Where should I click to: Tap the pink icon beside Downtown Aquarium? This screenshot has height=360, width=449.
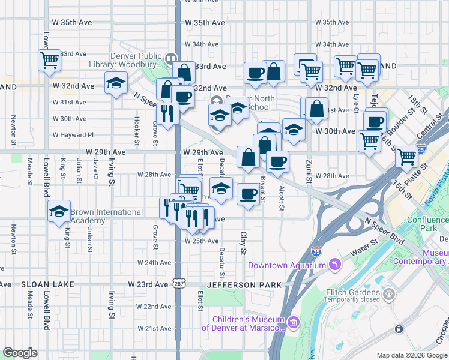[x=331, y=265]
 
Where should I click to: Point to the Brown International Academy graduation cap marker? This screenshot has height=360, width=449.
[x=59, y=212]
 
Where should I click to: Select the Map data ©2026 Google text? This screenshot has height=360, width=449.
[x=411, y=355]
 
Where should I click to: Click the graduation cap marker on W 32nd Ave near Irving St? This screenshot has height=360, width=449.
[x=116, y=83]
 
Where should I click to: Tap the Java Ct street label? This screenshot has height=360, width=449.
[x=95, y=169]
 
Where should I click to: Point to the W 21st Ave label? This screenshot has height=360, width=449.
[x=154, y=328]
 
